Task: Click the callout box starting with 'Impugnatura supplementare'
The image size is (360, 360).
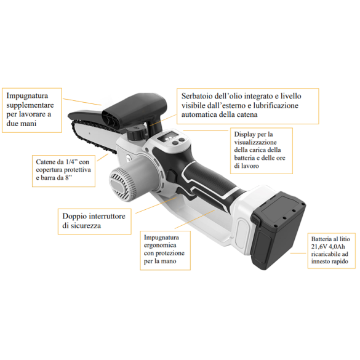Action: click(33, 110)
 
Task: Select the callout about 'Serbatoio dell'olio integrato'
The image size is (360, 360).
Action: click(247, 105)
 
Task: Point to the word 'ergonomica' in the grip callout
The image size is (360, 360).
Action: click(166, 245)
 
